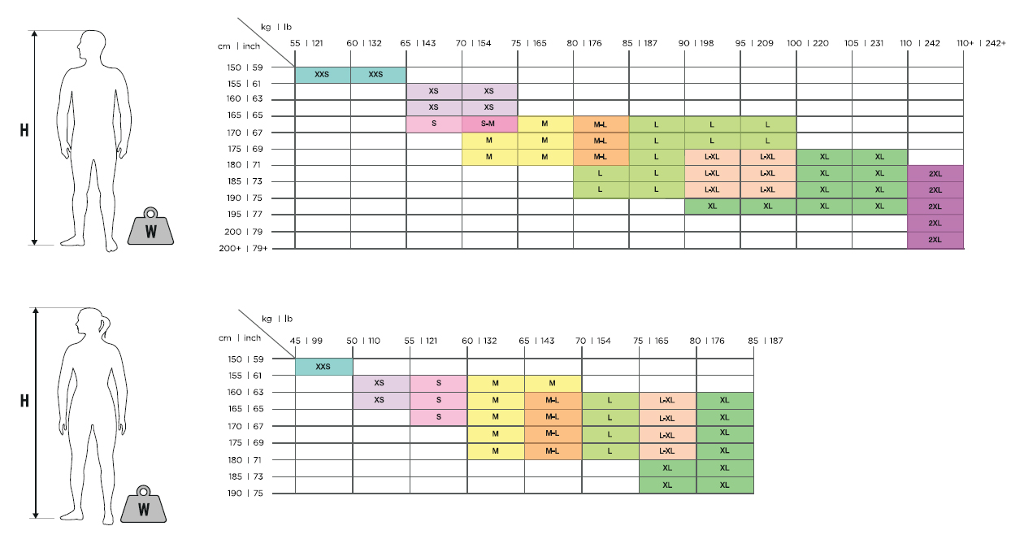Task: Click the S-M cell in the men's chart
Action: [x=489, y=124]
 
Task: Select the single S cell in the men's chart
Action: [x=434, y=124]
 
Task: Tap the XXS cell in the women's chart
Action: [x=323, y=367]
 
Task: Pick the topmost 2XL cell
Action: [x=935, y=173]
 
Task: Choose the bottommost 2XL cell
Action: [x=935, y=240]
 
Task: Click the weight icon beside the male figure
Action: [x=150, y=228]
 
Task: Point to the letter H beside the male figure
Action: [x=24, y=130]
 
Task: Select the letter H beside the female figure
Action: [x=24, y=401]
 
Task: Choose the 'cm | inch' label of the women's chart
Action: [x=240, y=338]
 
